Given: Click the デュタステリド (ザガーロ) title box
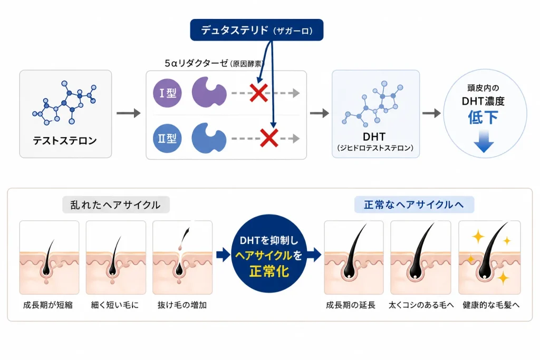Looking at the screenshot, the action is pyautogui.click(x=257, y=30).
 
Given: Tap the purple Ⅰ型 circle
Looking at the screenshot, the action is pyautogui.click(x=167, y=93).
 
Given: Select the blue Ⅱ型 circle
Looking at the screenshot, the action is pyautogui.click(x=167, y=138).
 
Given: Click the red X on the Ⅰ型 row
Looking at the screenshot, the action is pyautogui.click(x=258, y=93).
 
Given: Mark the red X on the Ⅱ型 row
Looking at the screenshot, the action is pyautogui.click(x=269, y=138).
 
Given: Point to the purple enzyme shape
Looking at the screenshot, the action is pyautogui.click(x=209, y=92).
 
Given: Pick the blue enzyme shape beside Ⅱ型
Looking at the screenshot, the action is pyautogui.click(x=209, y=138).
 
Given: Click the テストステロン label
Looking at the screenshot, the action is pyautogui.click(x=65, y=140).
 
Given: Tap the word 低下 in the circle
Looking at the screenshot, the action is pyautogui.click(x=483, y=118).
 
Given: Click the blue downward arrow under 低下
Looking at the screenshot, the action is pyautogui.click(x=484, y=141).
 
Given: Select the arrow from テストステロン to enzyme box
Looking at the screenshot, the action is pyautogui.click(x=129, y=113).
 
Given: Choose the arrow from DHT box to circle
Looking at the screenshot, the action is pyautogui.click(x=431, y=113).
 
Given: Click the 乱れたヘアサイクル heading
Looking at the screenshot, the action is pyautogui.click(x=115, y=205).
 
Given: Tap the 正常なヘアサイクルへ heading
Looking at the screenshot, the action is pyautogui.click(x=414, y=205).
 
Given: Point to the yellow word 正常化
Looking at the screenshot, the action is pyautogui.click(x=269, y=271).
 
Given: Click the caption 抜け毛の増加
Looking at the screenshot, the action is pyautogui.click(x=182, y=305).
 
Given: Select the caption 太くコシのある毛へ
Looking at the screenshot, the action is pyautogui.click(x=421, y=305).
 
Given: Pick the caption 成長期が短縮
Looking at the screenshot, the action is pyautogui.click(x=48, y=305).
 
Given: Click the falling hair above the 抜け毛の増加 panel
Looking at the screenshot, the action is pyautogui.click(x=185, y=236).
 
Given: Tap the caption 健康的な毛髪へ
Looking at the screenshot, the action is pyautogui.click(x=491, y=305).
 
